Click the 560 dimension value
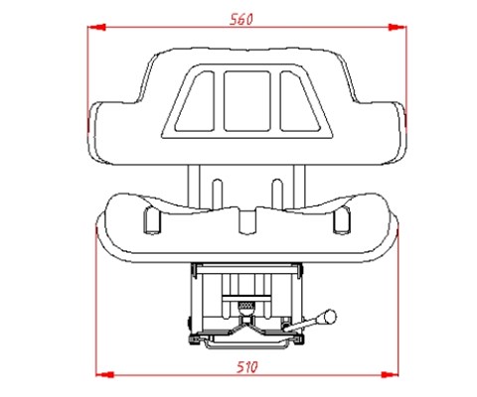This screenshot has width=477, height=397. [241, 20]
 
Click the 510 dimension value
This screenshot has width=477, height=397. [247, 367]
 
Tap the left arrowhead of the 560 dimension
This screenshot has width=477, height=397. [96, 27]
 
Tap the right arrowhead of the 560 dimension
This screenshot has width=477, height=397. [397, 27]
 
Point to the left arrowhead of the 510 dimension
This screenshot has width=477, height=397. [104, 374]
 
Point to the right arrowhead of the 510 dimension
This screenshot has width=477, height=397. [390, 374]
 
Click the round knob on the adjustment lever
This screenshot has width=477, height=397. [330, 317]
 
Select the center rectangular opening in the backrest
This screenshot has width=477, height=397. [246, 101]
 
